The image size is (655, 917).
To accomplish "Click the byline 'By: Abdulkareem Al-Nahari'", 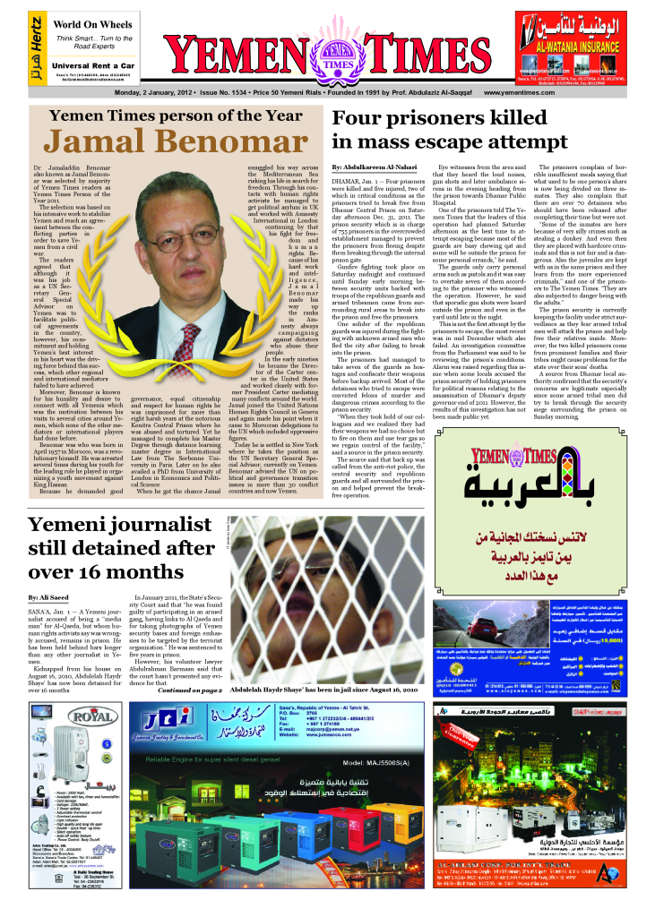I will (x=375, y=167).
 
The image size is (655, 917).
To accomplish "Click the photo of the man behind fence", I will (x=325, y=601).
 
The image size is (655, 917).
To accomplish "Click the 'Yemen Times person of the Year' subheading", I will (x=163, y=116).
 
